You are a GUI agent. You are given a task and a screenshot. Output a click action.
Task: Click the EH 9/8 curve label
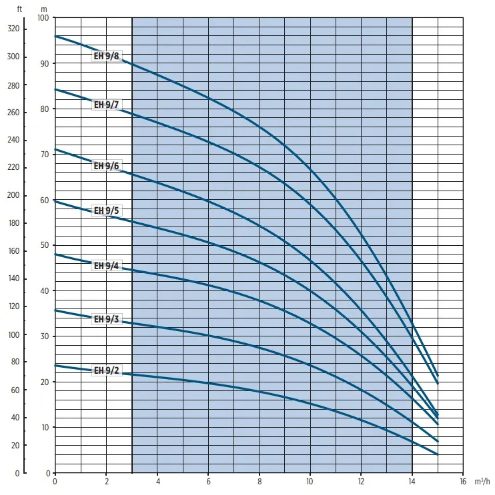coord(106,57)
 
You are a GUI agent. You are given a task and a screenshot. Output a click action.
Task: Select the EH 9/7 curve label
coord(106,105)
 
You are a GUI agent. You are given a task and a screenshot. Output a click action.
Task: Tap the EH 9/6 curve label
coord(106,166)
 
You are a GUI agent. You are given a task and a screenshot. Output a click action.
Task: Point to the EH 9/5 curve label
coord(106,211)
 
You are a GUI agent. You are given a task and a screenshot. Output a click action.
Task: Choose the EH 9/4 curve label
coord(106,266)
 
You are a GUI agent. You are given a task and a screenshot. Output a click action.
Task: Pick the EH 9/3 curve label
coord(106,319)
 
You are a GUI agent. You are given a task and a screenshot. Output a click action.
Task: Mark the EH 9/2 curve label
coord(106,371)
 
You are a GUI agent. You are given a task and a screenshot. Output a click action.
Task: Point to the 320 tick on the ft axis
coord(14,29)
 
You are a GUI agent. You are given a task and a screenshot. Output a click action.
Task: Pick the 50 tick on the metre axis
coord(44,245)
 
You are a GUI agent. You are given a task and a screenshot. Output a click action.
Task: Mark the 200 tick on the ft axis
coord(14,195)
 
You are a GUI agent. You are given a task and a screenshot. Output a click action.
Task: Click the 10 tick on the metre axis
coord(44,427)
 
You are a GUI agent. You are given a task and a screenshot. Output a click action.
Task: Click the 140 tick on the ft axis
coord(14,278)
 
